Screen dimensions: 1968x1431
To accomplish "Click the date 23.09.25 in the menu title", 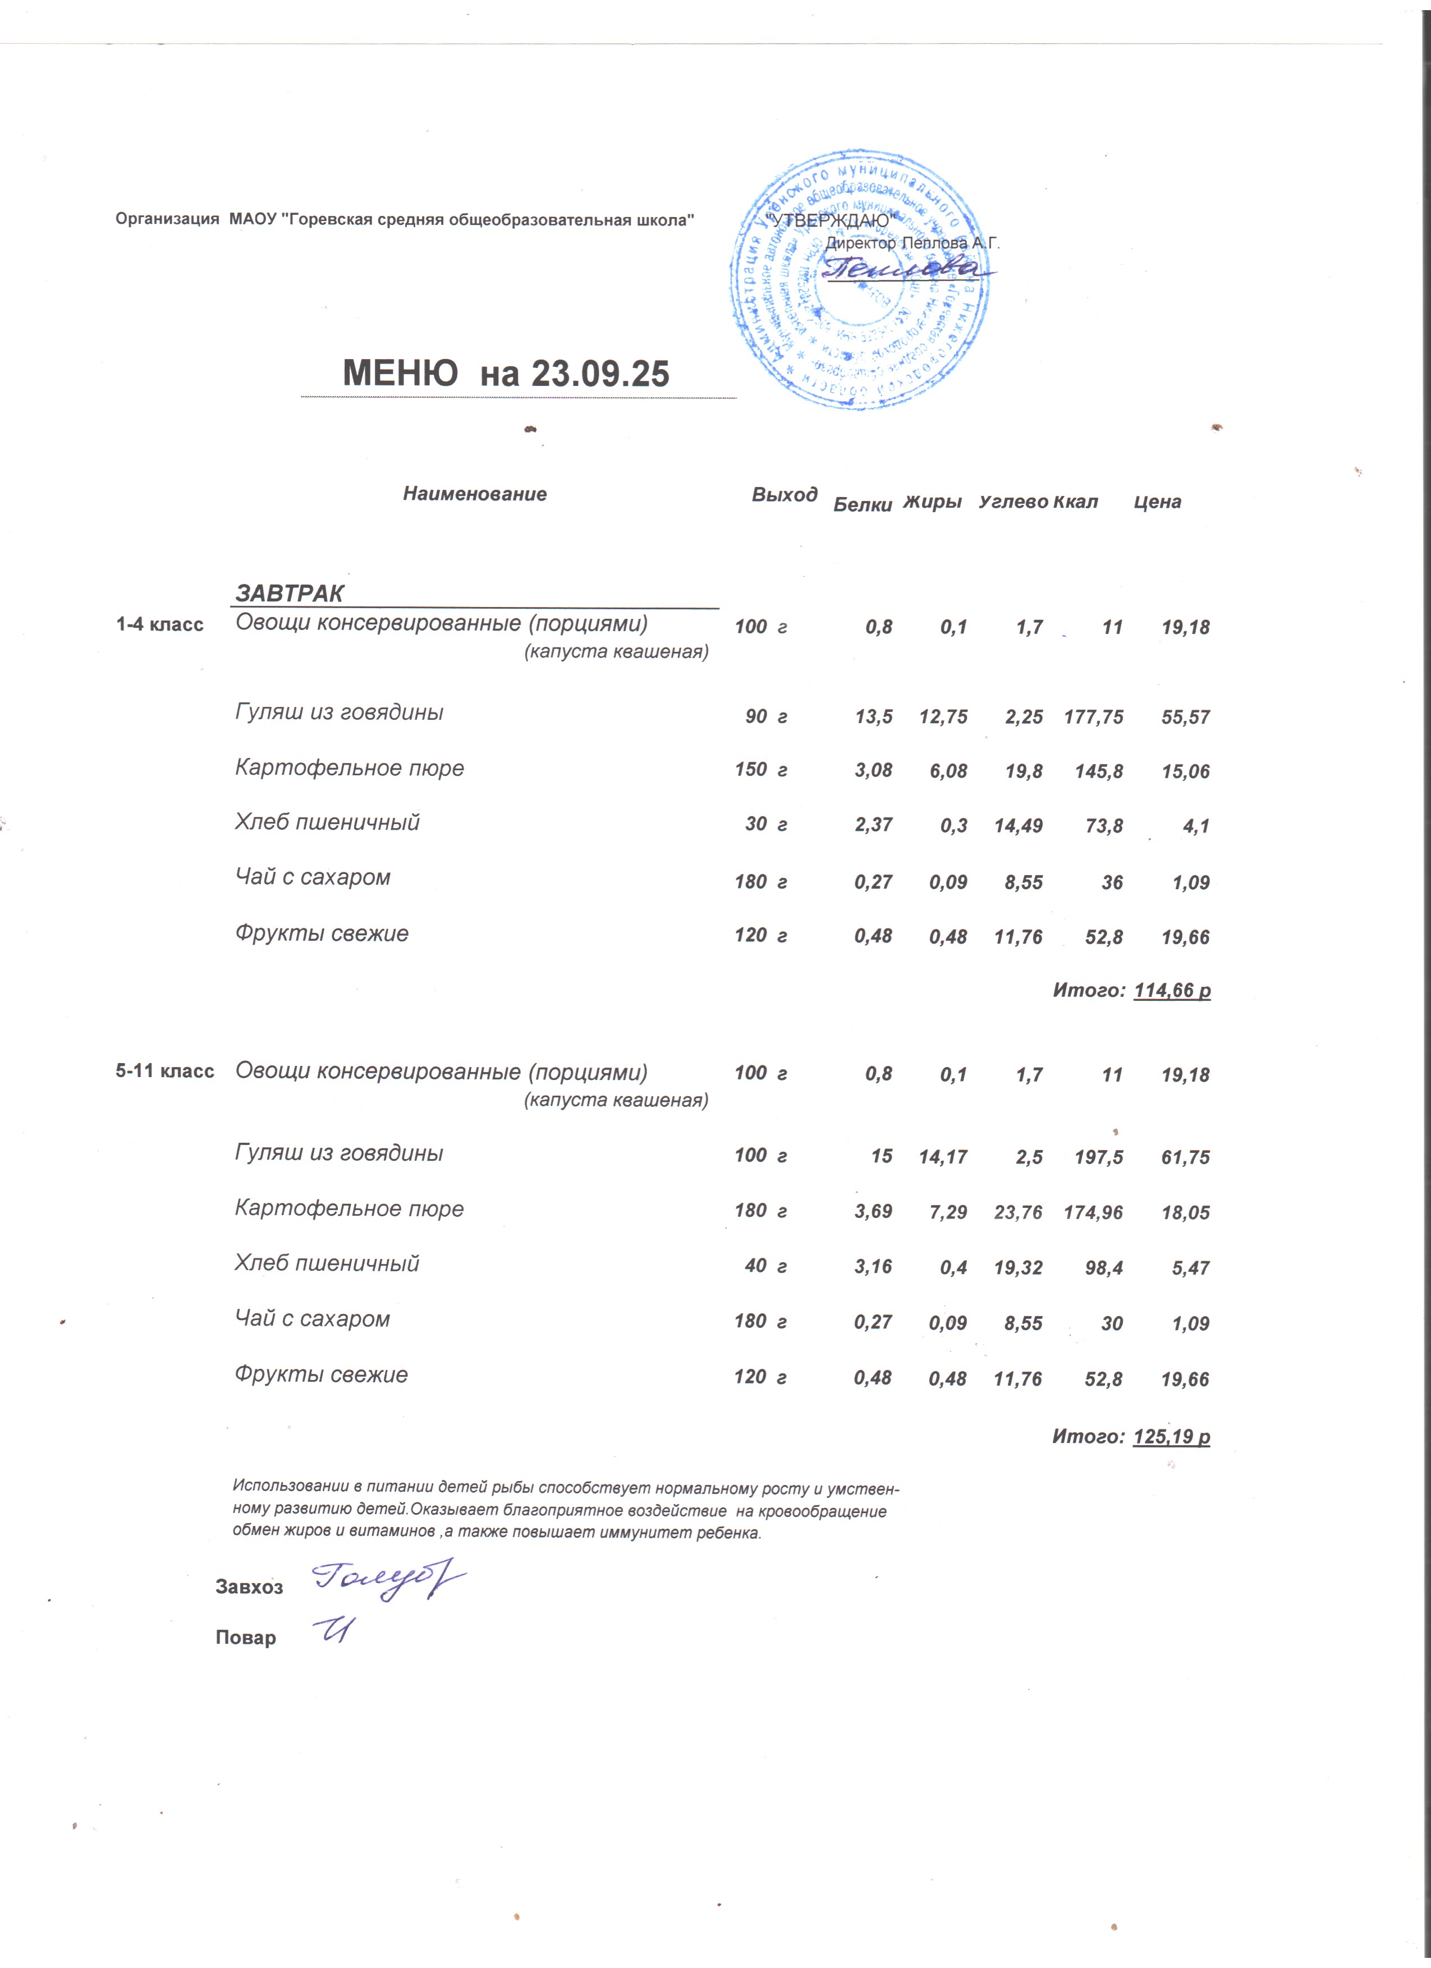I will (x=600, y=373).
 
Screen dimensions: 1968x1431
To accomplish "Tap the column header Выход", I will (x=783, y=495).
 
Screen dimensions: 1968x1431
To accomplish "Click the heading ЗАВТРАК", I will (x=290, y=594).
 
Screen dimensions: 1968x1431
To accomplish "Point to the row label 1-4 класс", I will (x=160, y=625).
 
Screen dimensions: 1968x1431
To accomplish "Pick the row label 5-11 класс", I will (x=165, y=1071).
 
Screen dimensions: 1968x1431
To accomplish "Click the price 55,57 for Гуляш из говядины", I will (x=1185, y=717).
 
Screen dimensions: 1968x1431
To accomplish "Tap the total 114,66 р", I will (x=1172, y=990).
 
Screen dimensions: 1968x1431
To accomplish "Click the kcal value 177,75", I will (x=1093, y=717).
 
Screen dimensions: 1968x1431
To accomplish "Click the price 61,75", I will (x=1185, y=1157).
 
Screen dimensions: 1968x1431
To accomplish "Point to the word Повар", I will (x=246, y=1638).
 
